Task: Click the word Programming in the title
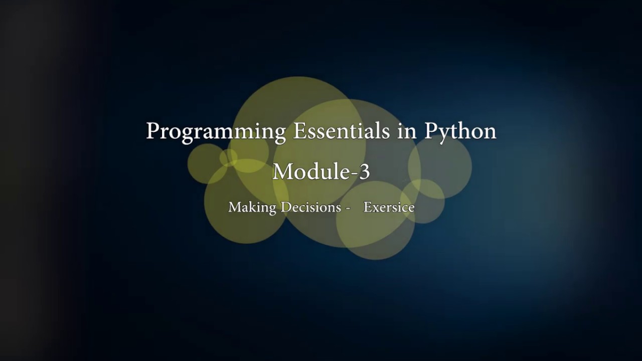(216, 132)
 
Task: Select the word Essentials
(341, 131)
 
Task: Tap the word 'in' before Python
(407, 131)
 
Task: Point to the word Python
(460, 132)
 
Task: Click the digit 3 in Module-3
(364, 171)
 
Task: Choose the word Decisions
(311, 207)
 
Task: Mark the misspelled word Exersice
(389, 207)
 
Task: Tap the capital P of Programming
(152, 131)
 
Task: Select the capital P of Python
(431, 131)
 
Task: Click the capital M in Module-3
(282, 171)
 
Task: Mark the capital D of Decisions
(285, 207)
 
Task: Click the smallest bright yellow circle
(228, 157)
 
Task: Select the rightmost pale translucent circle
(440, 166)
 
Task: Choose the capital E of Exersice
(367, 207)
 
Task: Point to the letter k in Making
(249, 207)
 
